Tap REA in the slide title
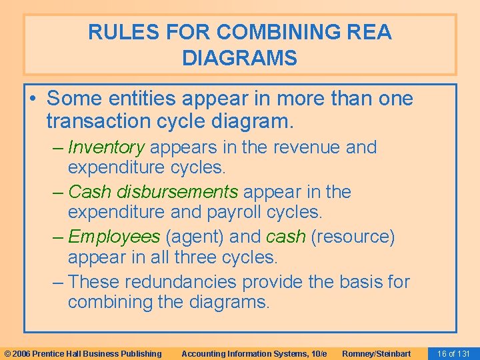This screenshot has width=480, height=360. tap(368, 32)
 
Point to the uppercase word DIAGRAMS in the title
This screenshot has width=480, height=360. tap(239, 59)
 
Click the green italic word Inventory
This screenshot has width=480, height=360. tap(106, 147)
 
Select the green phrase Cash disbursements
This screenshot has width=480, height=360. tap(153, 192)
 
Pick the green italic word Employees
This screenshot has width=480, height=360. tap(114, 237)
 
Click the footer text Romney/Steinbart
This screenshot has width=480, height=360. tap(376, 353)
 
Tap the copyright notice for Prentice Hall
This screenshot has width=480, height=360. tap(83, 353)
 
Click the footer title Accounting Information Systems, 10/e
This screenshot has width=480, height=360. tap(254, 353)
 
